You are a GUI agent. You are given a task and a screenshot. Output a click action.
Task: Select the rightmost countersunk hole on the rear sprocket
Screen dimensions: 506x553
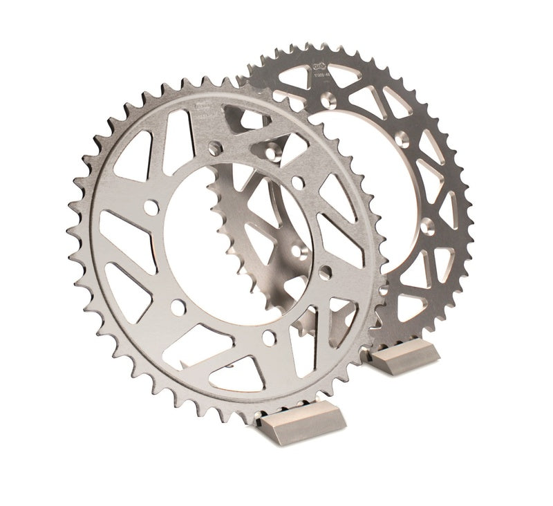[430, 224]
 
